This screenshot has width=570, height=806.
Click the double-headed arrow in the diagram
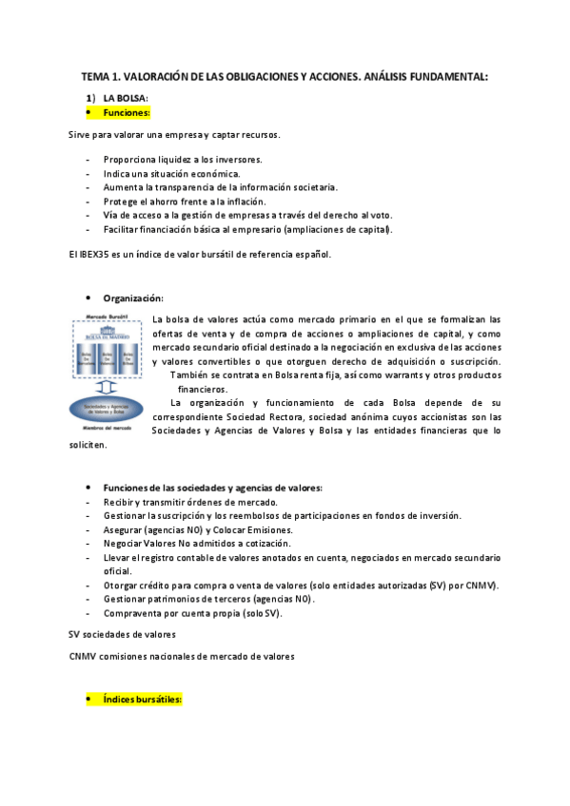[106, 388]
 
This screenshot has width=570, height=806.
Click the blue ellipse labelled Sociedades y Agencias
[106, 410]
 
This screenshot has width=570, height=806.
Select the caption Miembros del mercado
[106, 430]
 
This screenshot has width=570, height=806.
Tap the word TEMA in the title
[95, 76]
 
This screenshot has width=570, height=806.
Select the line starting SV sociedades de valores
[122, 634]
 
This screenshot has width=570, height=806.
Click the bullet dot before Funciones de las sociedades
[88, 488]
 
